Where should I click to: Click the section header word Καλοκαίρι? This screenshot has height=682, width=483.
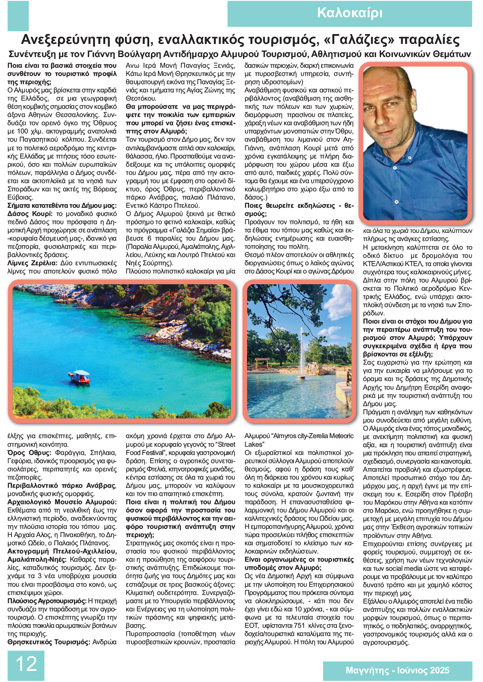(349, 13)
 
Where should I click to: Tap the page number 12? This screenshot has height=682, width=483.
(26, 664)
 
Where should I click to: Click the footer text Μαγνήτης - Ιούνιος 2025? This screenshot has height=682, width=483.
(397, 670)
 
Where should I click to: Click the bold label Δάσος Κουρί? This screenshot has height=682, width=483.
(30, 214)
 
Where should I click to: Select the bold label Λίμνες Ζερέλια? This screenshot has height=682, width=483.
(32, 263)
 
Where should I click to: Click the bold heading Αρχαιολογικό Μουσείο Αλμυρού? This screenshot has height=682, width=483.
(62, 502)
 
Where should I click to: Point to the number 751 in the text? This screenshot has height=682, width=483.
(299, 626)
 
